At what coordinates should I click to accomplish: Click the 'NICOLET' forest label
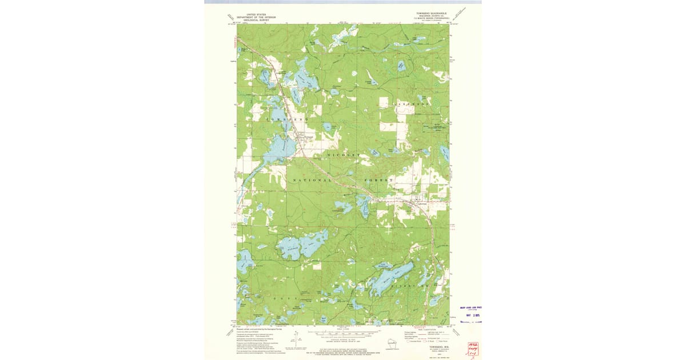click(344, 155)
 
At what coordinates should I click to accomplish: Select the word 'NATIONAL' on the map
click(312, 180)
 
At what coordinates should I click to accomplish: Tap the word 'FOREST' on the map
click(379, 180)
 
